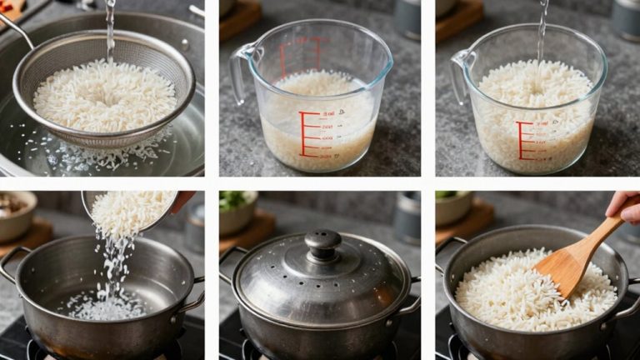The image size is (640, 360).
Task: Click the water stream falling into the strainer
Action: pos(110,29)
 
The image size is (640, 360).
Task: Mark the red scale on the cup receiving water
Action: pos(523,140)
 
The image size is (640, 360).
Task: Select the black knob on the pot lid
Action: pos(322,244)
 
